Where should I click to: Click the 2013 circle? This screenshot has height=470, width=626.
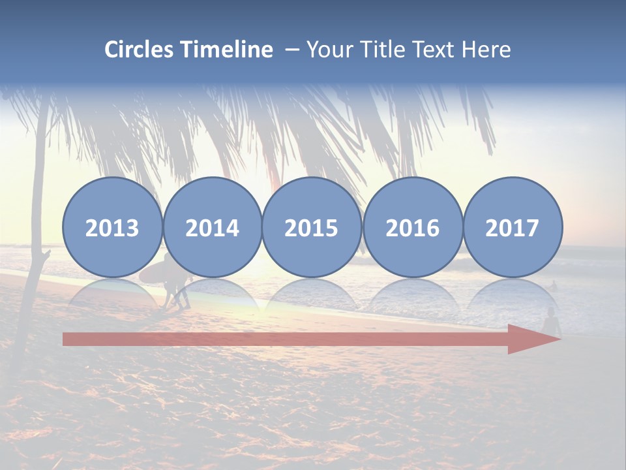[x=112, y=227]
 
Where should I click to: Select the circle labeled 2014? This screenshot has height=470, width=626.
[x=212, y=227]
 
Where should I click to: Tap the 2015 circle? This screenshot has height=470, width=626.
[x=312, y=227]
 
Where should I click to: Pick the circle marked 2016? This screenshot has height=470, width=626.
[x=412, y=227]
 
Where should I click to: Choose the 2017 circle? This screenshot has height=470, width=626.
[x=513, y=227]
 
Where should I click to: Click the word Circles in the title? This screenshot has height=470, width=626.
[x=140, y=50]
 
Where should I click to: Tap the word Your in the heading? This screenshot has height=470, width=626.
[x=329, y=50]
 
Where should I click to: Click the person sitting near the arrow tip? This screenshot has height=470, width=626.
[x=552, y=321]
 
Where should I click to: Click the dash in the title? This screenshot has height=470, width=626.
[x=291, y=50]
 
